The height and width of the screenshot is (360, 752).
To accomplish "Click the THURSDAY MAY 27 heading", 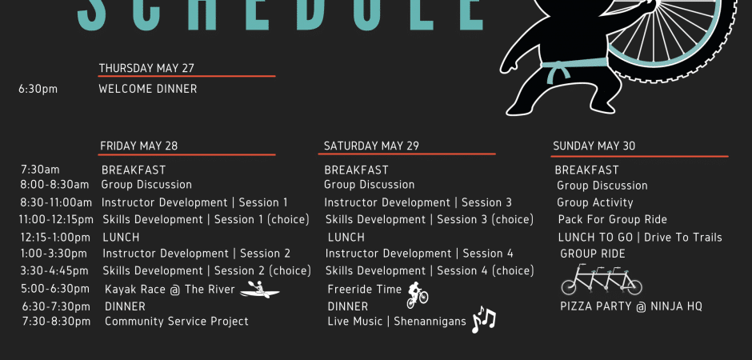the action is coord(146,68).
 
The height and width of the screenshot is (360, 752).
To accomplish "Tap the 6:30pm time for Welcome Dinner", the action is coord(38,89).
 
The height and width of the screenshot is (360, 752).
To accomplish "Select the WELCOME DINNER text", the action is coord(148,89).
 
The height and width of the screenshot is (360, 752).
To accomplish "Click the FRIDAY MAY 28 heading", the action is coord(139,146).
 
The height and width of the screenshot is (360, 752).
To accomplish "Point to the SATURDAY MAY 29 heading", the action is coord(371,146).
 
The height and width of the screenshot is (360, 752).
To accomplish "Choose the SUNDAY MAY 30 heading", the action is coord(594,146).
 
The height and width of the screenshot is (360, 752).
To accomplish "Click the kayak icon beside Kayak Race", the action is coord(259,290).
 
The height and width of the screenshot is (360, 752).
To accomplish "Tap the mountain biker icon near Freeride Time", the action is coord(417,294).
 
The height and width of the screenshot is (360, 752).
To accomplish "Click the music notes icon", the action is coord(483,319).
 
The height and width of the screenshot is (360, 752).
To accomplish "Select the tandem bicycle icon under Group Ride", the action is coord(602,279).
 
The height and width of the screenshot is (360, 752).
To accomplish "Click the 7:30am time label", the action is coord(40,170).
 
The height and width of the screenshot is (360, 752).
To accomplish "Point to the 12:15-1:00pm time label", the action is coord(55,238).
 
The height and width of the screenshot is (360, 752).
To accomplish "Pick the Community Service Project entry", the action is coord(177,322).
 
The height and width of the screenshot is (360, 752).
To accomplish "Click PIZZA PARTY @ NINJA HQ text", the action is coord(631,306).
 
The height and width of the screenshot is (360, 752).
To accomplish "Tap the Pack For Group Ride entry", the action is coord(613,219).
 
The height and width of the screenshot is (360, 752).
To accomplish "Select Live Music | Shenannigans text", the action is coord(397,322).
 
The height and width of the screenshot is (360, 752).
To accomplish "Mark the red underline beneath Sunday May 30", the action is coord(639,156).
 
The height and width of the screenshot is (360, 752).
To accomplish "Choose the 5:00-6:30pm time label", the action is coord(55,289).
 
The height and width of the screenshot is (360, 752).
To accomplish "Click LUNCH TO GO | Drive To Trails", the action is coord(640,238).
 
